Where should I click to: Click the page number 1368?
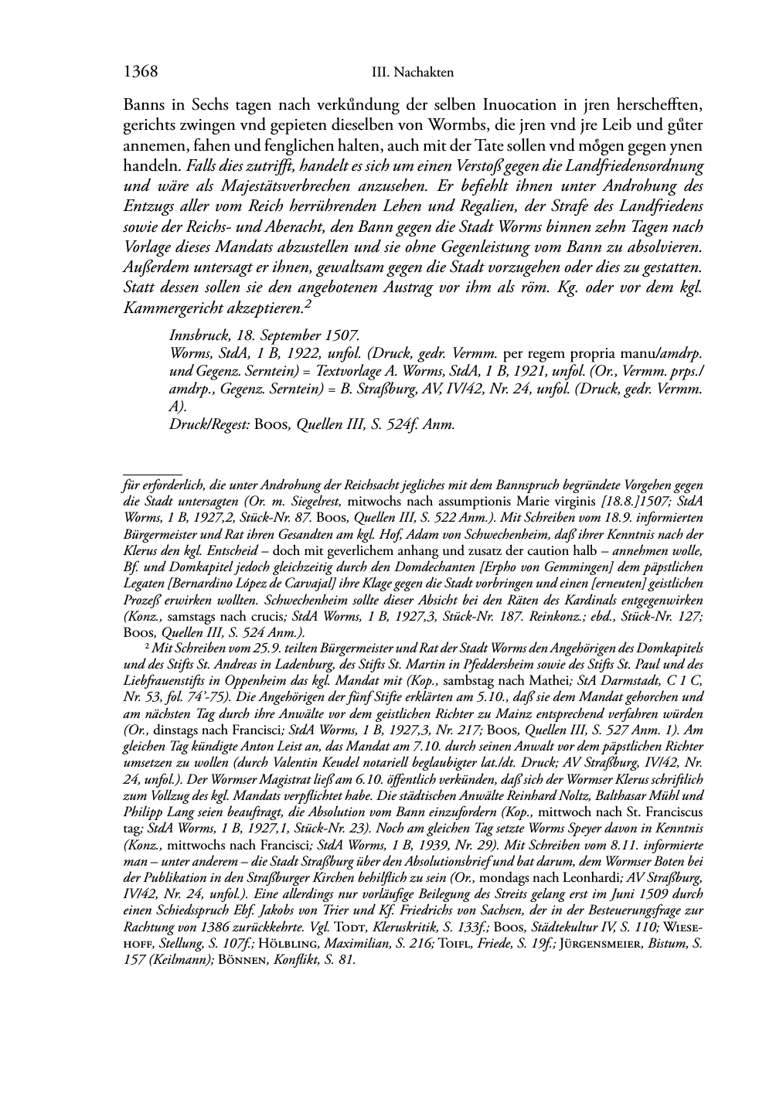click(141, 72)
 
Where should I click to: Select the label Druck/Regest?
click(207, 424)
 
